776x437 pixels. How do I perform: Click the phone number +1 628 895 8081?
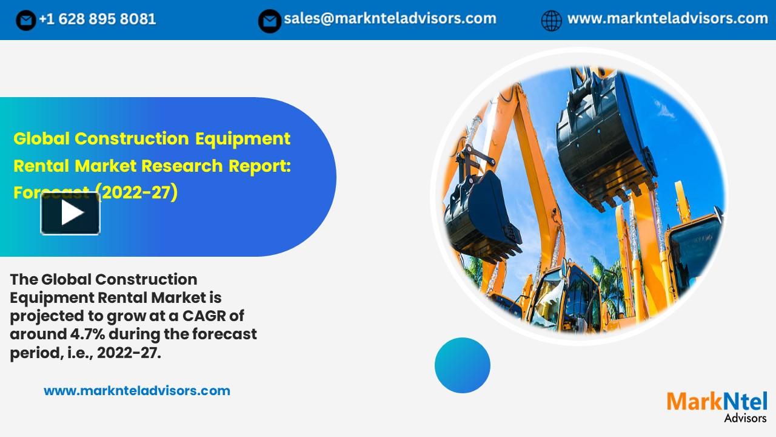pos(97,19)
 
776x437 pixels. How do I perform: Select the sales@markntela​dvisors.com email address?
pos(390,19)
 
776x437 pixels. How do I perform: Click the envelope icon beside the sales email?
pos(269,21)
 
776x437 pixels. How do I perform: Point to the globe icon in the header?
pos(551,21)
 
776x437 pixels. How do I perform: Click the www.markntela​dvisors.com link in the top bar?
pos(667,19)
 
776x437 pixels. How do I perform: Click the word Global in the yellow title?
pos(41,139)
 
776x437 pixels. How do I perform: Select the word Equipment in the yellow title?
pos(242,139)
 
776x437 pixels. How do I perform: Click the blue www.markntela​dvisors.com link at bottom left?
pos(137,391)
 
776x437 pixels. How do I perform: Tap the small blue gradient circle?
pos(462,365)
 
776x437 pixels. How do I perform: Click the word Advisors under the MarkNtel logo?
pos(745,418)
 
